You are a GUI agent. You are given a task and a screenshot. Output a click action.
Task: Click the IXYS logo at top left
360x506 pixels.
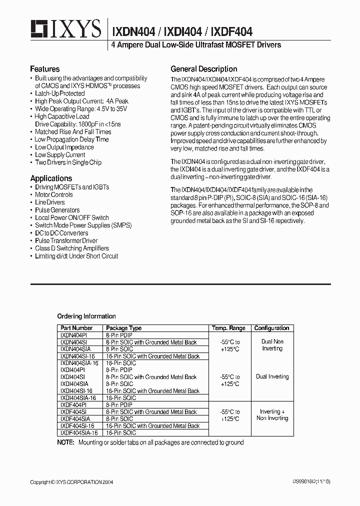[x=65, y=29]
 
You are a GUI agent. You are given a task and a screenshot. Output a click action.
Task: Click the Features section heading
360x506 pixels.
[x=44, y=69]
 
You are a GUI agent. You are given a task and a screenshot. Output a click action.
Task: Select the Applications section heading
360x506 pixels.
[x=51, y=178]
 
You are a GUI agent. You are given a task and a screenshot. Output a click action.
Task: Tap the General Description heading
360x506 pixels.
[x=203, y=69]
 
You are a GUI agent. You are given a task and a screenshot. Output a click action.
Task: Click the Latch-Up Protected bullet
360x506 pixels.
[x=59, y=93]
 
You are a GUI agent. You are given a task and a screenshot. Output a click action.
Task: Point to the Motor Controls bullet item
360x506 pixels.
[x=53, y=194]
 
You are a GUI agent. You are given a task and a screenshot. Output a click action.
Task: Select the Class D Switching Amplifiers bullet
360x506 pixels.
[x=71, y=248]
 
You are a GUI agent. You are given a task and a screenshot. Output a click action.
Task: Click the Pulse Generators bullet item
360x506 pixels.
[x=56, y=210]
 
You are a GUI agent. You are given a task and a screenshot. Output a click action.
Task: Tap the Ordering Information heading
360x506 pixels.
[x=86, y=316]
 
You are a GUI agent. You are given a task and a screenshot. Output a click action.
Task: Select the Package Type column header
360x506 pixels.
[x=123, y=328]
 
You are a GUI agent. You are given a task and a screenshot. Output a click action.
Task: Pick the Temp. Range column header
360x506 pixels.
[x=228, y=328]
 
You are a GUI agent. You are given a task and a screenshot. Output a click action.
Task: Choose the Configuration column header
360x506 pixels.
[x=271, y=328]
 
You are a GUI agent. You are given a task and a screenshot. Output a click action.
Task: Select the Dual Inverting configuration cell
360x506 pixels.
[x=271, y=376]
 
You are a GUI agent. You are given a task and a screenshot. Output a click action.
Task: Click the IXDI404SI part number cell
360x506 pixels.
[x=72, y=376]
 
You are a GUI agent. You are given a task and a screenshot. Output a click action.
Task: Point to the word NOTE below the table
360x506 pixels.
[x=65, y=442]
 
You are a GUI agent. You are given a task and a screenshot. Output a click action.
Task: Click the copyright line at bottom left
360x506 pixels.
[x=71, y=482]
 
